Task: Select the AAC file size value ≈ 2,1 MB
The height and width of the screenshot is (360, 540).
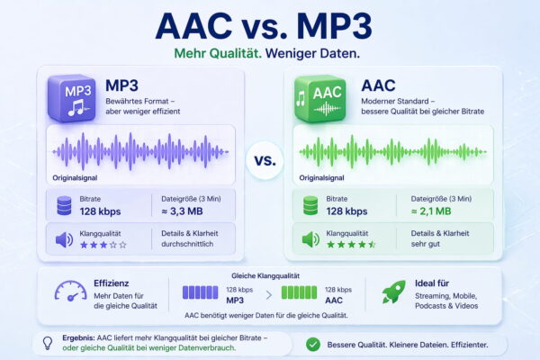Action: [435, 211]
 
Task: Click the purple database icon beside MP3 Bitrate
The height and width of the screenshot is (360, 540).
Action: [65, 205]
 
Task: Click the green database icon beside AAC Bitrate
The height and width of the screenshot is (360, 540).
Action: [310, 205]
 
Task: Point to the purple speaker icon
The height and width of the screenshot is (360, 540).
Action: [65, 238]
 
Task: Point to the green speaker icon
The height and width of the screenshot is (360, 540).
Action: [310, 238]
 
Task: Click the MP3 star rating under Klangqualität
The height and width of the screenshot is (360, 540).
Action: [103, 244]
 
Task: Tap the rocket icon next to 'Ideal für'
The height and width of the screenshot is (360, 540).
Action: [393, 291]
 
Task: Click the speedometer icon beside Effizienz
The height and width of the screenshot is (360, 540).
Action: [67, 292]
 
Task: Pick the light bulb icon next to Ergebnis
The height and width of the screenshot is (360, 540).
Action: [46, 342]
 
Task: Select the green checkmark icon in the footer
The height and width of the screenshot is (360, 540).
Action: [312, 343]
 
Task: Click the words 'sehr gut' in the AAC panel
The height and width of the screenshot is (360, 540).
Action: [427, 244]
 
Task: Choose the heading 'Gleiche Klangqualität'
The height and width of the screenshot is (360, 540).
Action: [266, 274]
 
